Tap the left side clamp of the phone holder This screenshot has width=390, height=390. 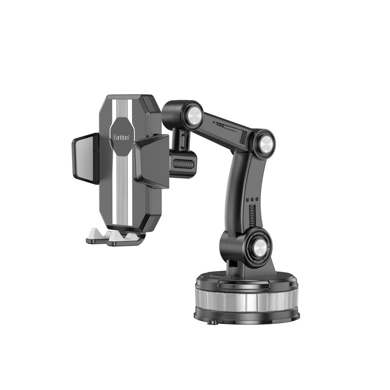(85, 159)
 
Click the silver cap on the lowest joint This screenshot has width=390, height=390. (260, 249)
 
